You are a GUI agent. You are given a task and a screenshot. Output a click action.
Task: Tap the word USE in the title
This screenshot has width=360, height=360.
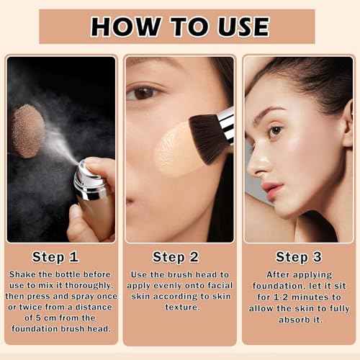point(239,26)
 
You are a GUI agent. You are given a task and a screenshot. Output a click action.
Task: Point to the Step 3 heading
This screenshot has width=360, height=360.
point(300,257)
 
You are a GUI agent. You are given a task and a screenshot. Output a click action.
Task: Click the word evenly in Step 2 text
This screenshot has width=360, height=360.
point(170,285)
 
